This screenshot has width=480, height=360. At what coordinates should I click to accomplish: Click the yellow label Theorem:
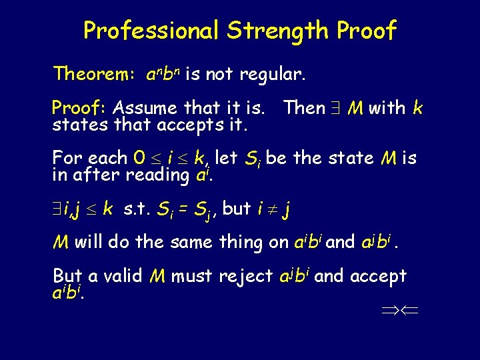pyautogui.click(x=95, y=73)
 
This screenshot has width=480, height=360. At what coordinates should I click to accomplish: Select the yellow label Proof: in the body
pyautogui.click(x=81, y=108)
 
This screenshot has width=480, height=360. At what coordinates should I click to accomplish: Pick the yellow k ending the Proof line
pyautogui.click(x=417, y=107)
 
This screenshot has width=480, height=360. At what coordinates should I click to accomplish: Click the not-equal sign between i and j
pyautogui.click(x=271, y=209)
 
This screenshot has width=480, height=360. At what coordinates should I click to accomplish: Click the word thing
pyautogui.click(x=239, y=243)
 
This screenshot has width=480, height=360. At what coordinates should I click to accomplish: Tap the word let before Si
pyautogui.click(x=227, y=159)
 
